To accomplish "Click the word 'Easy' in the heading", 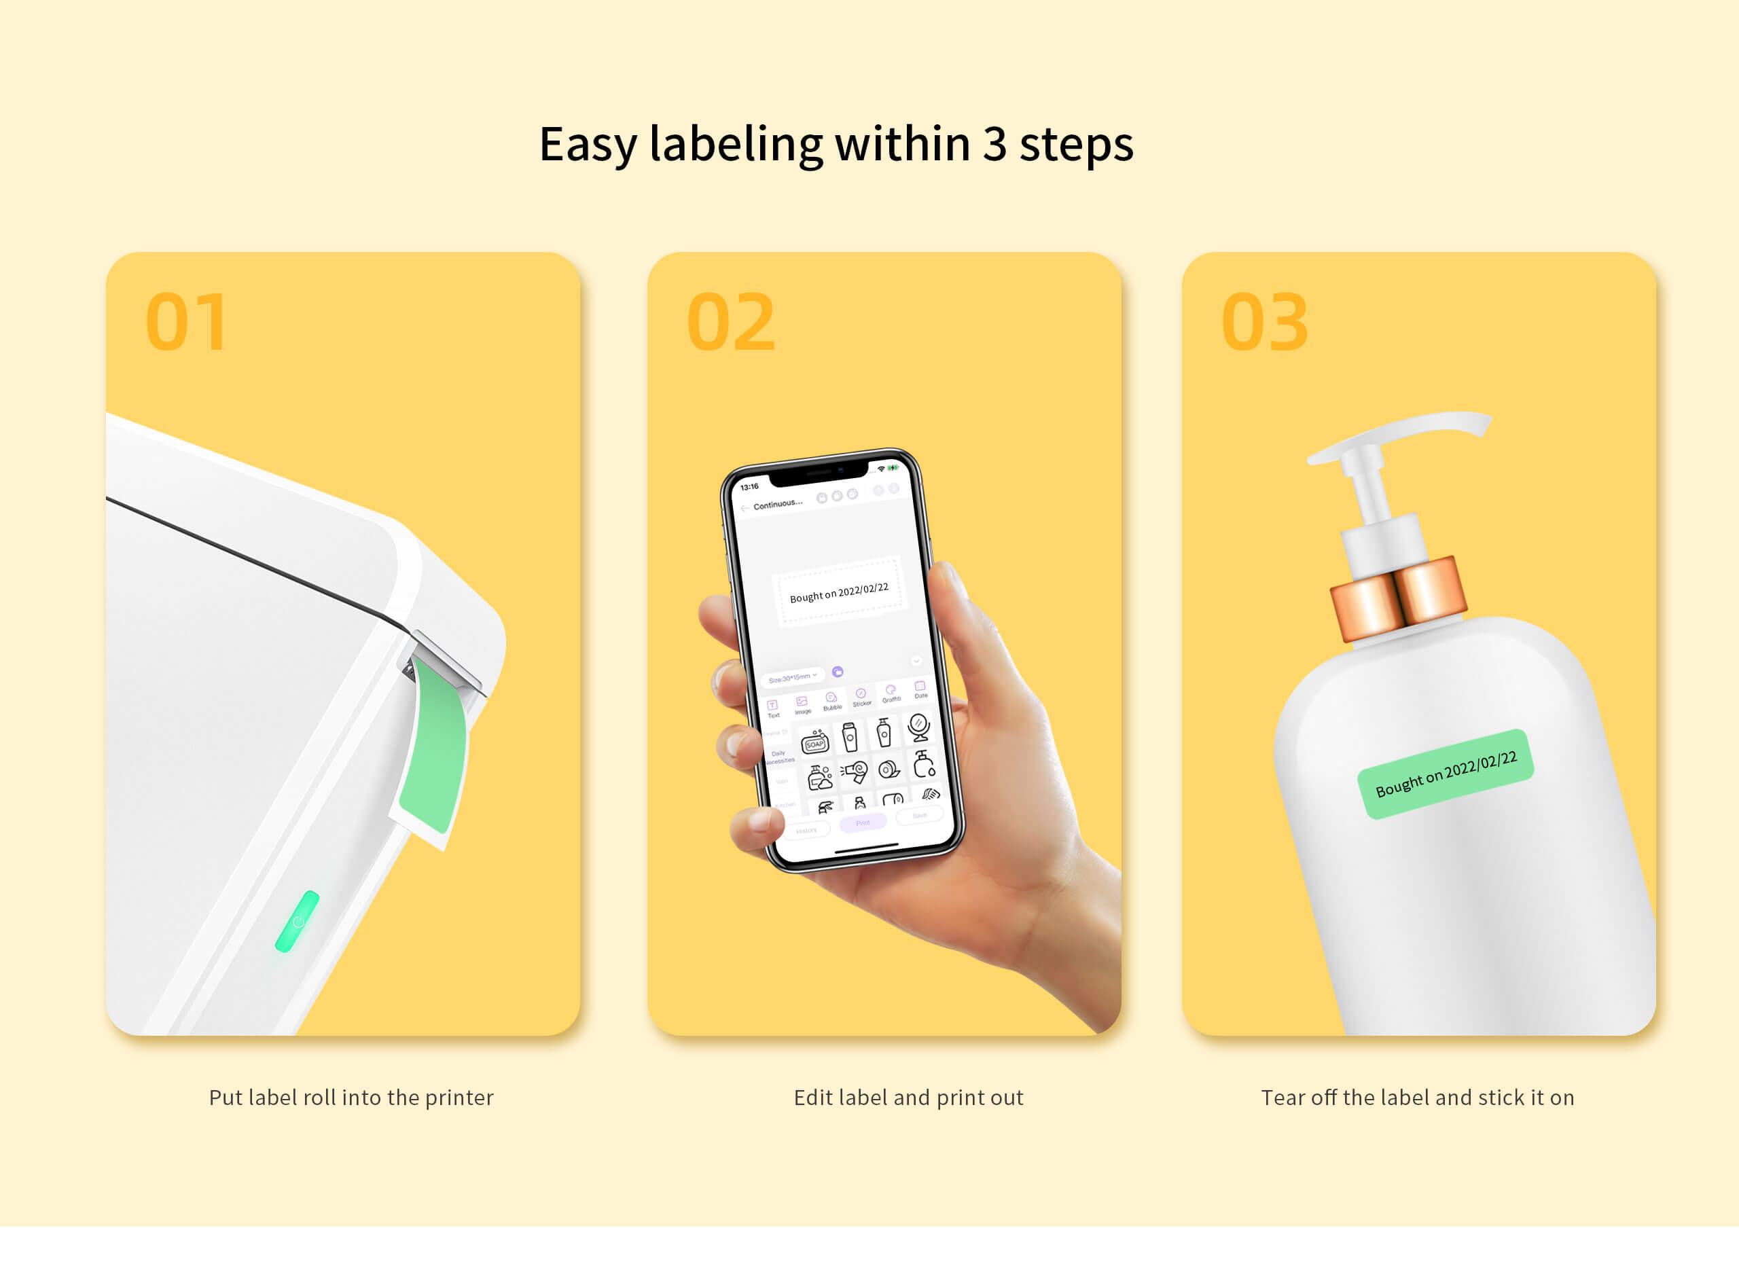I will tap(588, 145).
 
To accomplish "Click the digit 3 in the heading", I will tap(994, 145).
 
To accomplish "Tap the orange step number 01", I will tap(186, 323).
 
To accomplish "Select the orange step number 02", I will tap(730, 323).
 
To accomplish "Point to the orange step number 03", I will tap(1264, 323).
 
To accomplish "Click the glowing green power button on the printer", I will tap(298, 922).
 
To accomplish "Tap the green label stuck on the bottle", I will tap(1446, 774).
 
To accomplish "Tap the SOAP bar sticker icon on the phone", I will tap(814, 742).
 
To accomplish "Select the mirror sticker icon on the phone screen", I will tap(918, 727).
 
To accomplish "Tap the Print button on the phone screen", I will tap(863, 823).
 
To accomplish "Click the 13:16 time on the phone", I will tap(749, 487).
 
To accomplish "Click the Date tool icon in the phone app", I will tap(920, 688).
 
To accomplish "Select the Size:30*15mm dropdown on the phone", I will tap(791, 677).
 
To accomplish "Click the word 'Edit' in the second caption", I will tap(812, 1098).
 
